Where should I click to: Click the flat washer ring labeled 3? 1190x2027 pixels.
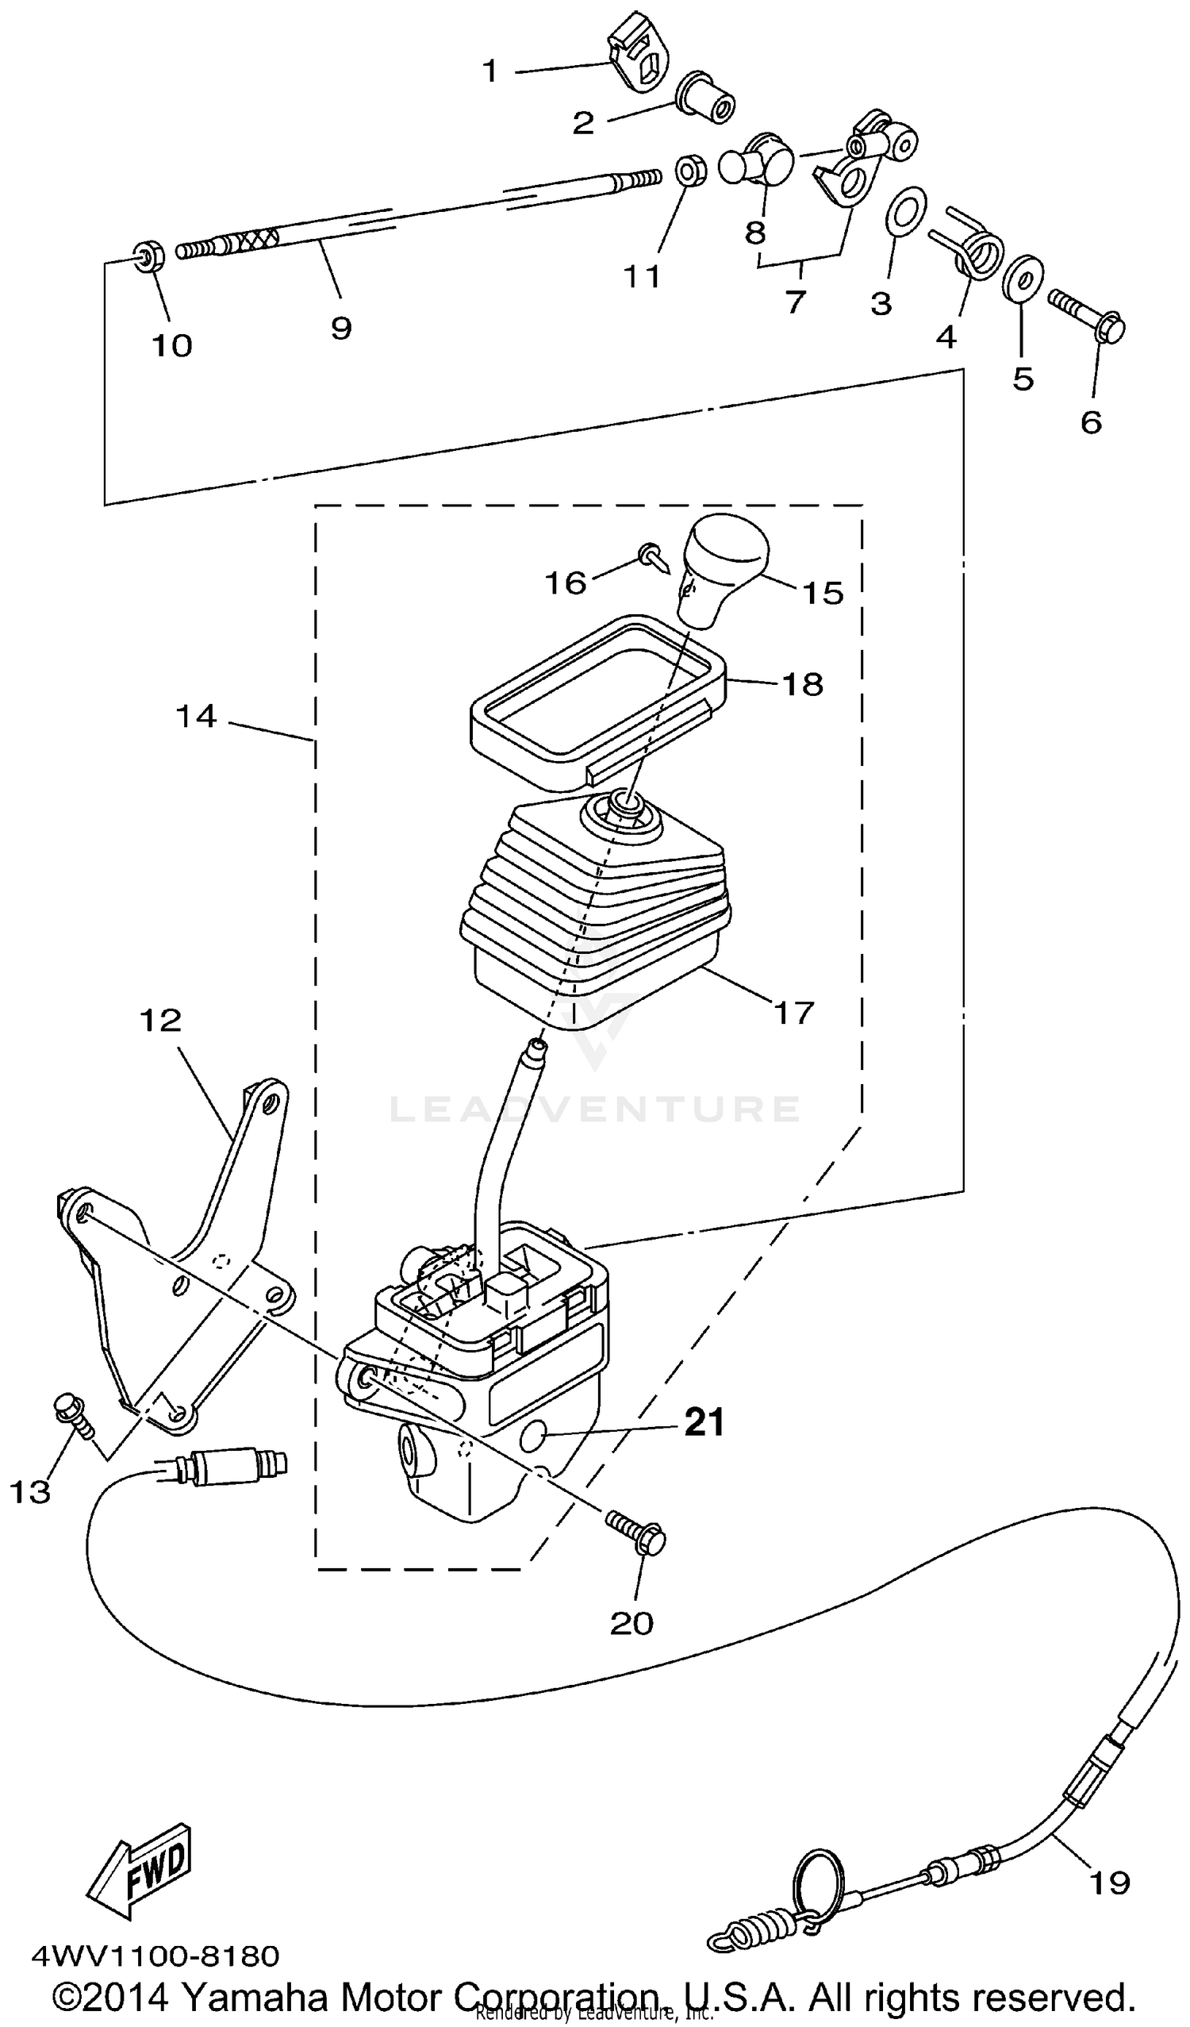(x=904, y=213)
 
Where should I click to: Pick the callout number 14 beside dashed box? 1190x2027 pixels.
(x=196, y=715)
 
